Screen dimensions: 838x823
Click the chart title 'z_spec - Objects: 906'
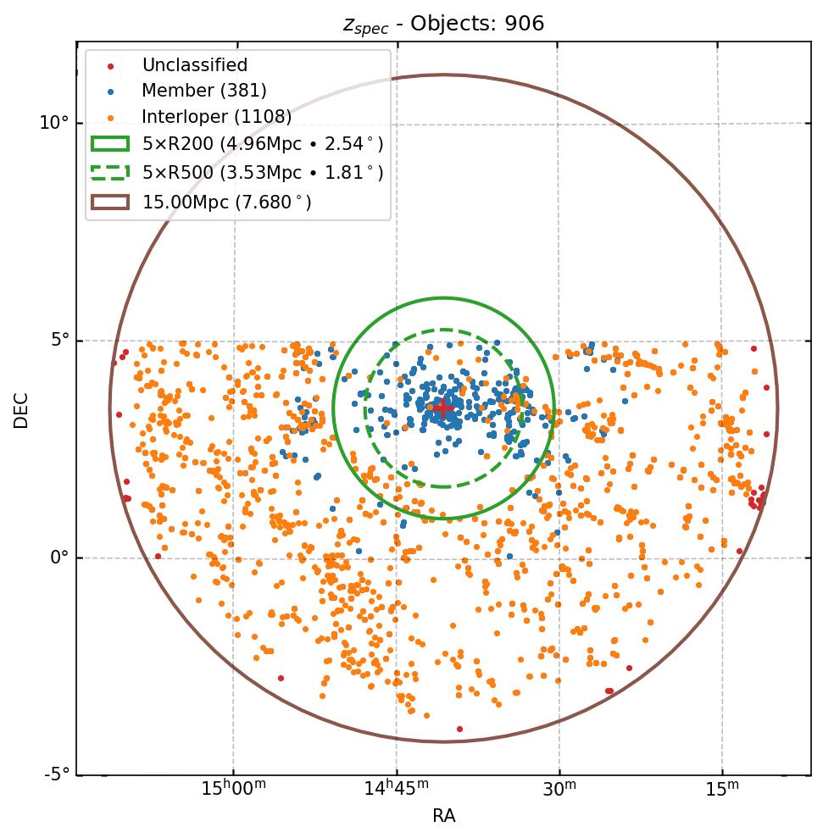(443, 24)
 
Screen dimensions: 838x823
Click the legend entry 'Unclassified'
(194, 65)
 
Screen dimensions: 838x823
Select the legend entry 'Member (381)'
(204, 91)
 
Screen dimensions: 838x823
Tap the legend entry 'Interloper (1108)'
(216, 116)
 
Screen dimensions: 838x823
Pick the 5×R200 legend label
(263, 144)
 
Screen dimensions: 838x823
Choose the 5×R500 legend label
(263, 173)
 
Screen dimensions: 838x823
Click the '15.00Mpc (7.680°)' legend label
(226, 202)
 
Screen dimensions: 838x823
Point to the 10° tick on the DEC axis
(53, 123)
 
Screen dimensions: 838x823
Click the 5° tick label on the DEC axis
(58, 341)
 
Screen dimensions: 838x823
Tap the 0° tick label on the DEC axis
(58, 558)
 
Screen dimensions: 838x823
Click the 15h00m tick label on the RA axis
(232, 790)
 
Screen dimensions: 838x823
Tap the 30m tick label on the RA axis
(559, 790)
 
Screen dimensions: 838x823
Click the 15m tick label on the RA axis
(721, 790)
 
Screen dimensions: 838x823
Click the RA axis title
(443, 816)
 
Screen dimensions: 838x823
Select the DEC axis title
(21, 410)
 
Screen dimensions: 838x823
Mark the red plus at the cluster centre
(443, 408)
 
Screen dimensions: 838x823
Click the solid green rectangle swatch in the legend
(110, 144)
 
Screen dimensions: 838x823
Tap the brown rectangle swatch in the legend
(110, 202)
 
